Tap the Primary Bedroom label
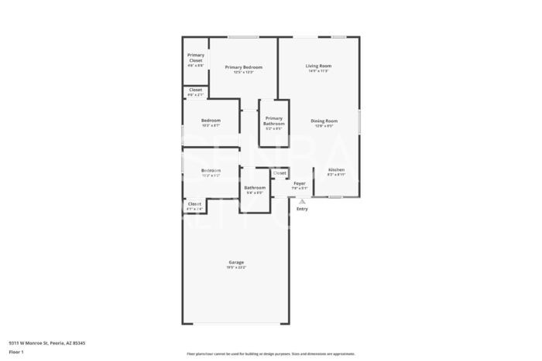click(244, 67)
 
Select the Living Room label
click(318, 66)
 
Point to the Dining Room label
click(324, 121)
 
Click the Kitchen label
click(336, 169)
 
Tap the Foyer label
click(300, 183)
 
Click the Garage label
click(236, 262)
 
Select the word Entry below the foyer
click(302, 209)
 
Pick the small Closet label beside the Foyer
click(280, 172)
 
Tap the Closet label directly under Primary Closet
click(196, 90)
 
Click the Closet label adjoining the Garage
click(195, 204)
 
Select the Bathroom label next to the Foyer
click(255, 187)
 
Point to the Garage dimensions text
click(236, 268)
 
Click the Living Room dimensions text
click(318, 72)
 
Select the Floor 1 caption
click(17, 352)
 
